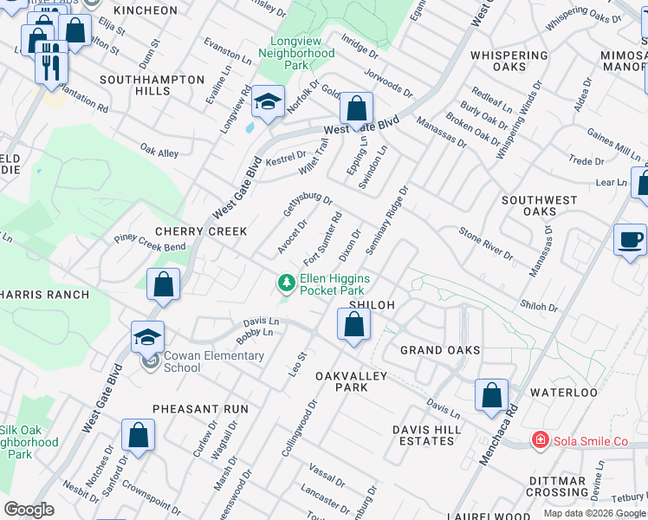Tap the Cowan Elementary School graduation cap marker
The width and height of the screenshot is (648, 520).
click(x=148, y=337)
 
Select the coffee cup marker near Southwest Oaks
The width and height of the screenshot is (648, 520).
click(x=630, y=239)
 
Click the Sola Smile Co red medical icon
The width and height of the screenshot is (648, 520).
click(x=541, y=441)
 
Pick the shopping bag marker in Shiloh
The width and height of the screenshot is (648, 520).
click(x=353, y=325)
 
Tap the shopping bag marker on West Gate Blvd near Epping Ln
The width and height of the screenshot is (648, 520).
click(x=355, y=109)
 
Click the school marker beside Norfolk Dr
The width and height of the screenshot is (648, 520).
click(x=268, y=103)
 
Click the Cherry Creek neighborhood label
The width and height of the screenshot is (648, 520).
click(x=201, y=231)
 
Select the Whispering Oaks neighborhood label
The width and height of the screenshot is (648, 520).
click(x=509, y=61)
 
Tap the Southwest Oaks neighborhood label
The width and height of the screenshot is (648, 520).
click(x=540, y=205)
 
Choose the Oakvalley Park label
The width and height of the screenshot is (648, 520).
click(x=353, y=381)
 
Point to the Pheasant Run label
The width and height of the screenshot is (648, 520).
click(x=200, y=408)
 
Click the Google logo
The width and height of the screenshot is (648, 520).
click(x=29, y=510)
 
